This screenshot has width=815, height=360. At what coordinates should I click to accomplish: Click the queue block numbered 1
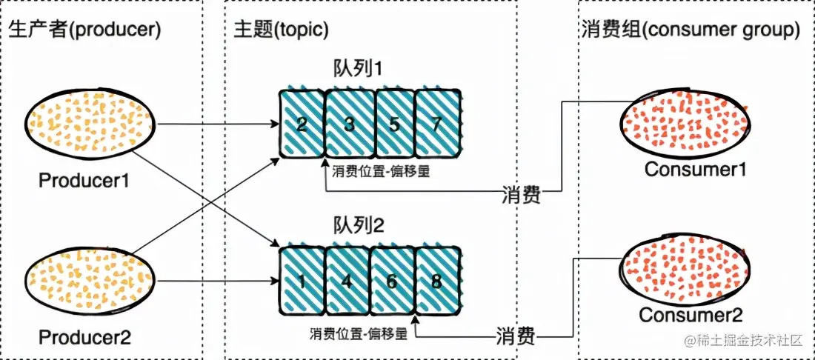(302, 281)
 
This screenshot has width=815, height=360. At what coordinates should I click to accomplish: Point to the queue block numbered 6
(393, 281)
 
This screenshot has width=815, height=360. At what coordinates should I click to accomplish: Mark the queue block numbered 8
(438, 281)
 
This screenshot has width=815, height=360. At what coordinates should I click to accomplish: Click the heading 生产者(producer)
(85, 30)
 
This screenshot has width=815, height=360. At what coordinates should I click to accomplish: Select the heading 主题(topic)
(281, 30)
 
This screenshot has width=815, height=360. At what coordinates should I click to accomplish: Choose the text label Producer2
(85, 338)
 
